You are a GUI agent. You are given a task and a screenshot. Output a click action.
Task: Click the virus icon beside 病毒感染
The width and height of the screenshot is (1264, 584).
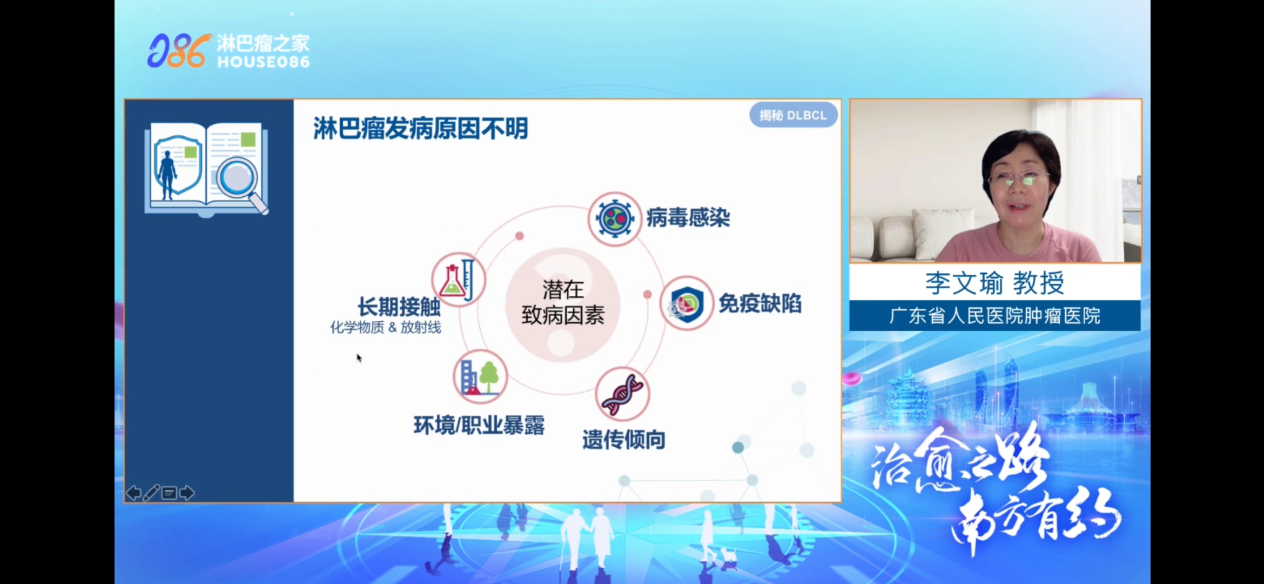click(x=614, y=219)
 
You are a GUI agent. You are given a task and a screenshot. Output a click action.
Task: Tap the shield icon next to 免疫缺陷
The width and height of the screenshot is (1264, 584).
click(x=687, y=303)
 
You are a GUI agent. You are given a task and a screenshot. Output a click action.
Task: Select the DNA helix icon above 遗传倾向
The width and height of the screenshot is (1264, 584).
click(x=622, y=394)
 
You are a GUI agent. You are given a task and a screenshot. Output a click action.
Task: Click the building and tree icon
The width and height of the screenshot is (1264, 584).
click(x=480, y=377)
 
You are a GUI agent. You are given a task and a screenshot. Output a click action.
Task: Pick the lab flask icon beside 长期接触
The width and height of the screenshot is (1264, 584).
click(x=459, y=280)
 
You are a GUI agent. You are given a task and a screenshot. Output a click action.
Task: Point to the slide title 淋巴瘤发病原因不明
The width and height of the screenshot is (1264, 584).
click(x=420, y=129)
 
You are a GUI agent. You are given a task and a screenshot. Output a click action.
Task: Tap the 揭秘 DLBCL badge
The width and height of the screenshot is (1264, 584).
click(x=793, y=115)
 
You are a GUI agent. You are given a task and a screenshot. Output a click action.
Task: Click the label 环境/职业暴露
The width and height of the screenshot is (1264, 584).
click(x=479, y=426)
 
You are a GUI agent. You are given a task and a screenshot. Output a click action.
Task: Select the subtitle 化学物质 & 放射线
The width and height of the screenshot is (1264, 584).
click(x=386, y=327)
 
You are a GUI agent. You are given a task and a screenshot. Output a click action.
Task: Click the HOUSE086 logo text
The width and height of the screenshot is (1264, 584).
click(x=264, y=62)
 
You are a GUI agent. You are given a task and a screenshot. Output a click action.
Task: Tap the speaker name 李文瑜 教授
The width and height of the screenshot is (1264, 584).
click(x=994, y=283)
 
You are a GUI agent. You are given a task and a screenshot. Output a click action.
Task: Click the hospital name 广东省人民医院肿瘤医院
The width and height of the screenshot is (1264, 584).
click(x=994, y=316)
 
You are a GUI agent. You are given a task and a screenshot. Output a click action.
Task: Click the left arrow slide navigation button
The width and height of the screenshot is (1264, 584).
click(x=133, y=493)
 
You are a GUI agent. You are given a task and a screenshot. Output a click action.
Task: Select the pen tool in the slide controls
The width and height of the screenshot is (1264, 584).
click(x=151, y=493)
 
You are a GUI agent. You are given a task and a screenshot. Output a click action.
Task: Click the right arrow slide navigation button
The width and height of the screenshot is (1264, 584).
click(x=187, y=493)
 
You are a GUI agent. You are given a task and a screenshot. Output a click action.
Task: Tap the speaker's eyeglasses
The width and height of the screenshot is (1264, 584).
click(x=1018, y=178)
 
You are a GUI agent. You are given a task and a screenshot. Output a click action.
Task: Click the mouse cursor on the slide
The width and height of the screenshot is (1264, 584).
click(x=359, y=357)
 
